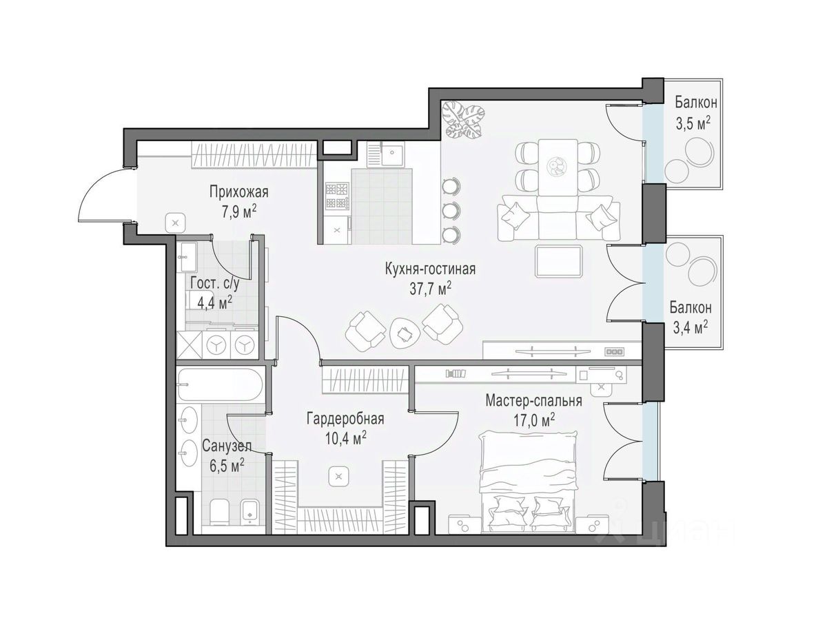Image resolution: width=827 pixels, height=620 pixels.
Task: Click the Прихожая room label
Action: pos(238,193)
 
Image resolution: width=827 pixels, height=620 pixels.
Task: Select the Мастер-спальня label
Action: pos(533,400)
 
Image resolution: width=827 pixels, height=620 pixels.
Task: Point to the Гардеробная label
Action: pos(345,419)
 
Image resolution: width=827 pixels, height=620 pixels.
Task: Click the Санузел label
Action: pos(227,446)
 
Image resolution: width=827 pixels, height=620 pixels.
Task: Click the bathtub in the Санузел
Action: pos(220,384)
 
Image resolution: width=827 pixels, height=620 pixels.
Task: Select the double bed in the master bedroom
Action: pos(528,483)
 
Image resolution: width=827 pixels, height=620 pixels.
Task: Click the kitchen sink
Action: pos(392,153)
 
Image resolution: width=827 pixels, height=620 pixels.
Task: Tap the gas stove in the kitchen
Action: pos(337,196)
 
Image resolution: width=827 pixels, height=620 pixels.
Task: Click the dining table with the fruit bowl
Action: pos(558,167)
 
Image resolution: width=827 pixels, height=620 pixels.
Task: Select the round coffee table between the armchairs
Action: pos(405,333)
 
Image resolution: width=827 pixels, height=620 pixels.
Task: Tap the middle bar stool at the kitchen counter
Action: pos(451,210)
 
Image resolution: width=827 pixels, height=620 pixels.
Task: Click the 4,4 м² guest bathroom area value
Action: pos(215,302)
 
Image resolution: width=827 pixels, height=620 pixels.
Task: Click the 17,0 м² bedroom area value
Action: pos(534,420)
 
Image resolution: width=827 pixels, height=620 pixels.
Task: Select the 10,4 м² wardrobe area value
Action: pos(346,438)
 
